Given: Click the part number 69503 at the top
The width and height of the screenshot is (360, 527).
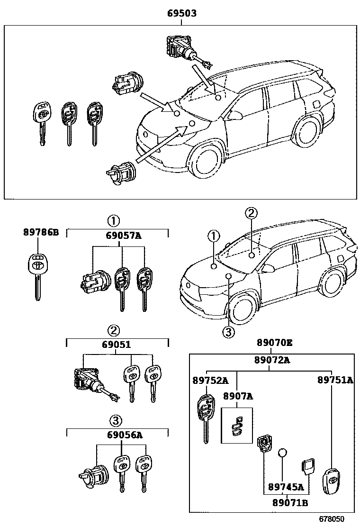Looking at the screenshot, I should [x=182, y=14].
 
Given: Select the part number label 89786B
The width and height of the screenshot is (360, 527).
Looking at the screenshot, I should [x=41, y=232].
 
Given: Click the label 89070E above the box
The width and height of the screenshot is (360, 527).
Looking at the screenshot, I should [x=275, y=343].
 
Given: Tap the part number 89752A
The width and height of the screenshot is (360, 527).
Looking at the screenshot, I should [x=210, y=380].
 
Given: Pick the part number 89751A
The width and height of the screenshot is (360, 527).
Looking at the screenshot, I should [x=335, y=380].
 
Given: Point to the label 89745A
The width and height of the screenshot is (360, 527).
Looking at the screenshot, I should [x=285, y=486].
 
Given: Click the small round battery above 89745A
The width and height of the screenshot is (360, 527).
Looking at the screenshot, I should [x=283, y=453].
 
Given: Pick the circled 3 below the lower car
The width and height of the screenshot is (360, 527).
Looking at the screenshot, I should [x=228, y=333].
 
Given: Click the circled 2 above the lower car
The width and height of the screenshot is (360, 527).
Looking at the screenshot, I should [x=251, y=213].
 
